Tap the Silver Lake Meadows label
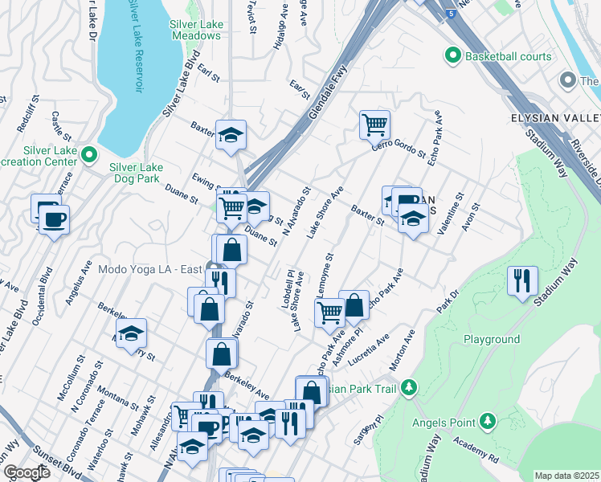(x=196, y=31)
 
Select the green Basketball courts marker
(x=452, y=56)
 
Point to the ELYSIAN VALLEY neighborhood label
(x=555, y=118)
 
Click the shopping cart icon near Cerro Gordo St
(x=374, y=125)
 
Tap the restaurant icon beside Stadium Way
(x=523, y=281)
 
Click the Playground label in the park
(x=491, y=340)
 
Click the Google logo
(x=27, y=472)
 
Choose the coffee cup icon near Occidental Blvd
(x=55, y=219)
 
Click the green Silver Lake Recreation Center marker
(x=89, y=154)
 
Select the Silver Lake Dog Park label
(x=136, y=173)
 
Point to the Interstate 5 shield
(x=454, y=14)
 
